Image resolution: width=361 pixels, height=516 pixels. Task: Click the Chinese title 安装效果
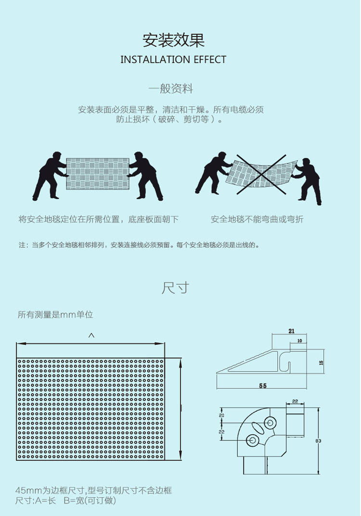point(173,40)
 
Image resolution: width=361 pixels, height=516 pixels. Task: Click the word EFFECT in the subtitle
point(210,60)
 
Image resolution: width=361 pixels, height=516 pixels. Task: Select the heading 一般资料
point(171,89)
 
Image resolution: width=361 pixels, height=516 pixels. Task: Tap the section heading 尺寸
point(175,288)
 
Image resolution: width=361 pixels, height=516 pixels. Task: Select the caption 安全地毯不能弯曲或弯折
point(257,219)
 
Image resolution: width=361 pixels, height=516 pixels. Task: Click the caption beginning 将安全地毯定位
point(99,219)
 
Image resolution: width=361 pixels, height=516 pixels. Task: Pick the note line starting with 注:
point(140,245)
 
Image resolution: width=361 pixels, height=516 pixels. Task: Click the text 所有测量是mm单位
point(55,315)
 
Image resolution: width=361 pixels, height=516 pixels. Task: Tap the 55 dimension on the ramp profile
point(263,386)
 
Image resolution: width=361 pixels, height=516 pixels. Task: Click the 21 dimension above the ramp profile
point(291,331)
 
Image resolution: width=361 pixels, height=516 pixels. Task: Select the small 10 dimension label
point(299,341)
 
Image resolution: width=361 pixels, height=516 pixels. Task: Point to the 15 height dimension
point(321,364)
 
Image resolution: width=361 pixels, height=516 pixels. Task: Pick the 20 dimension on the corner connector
point(222,415)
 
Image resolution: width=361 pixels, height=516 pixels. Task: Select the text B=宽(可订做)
point(90,501)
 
